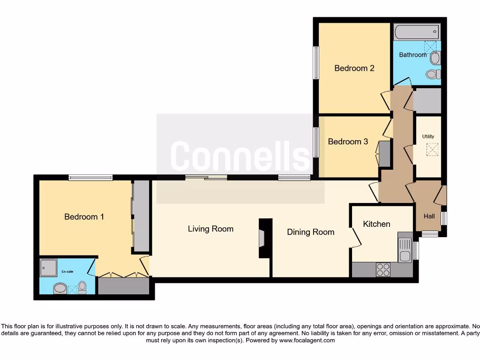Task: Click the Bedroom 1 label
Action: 84,217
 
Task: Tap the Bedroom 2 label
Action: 354,68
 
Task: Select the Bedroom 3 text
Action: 348,142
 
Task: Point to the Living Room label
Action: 210,229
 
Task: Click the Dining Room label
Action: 310,232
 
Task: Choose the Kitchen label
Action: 376,224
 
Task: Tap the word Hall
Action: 429,217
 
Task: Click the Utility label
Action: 428,136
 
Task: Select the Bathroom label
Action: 412,55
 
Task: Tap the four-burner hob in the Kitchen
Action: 383,270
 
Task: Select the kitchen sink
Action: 405,249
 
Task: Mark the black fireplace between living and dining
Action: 265,238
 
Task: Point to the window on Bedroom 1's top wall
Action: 90,178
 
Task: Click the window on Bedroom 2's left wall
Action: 316,62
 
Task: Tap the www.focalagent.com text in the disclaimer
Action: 307,340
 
